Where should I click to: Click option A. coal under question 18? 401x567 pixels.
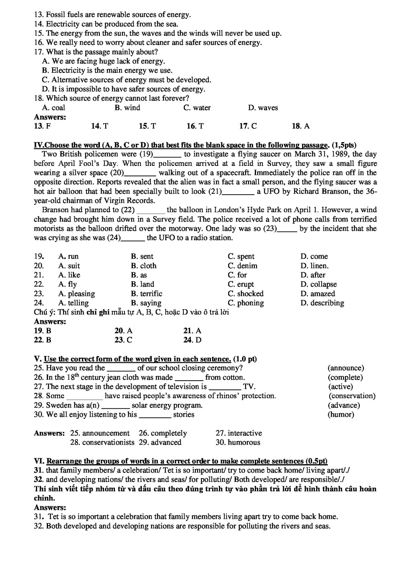click(x=53, y=108)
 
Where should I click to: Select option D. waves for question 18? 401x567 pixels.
click(x=263, y=108)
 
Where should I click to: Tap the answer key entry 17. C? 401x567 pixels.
click(x=248, y=126)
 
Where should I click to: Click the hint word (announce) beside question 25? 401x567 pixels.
click(x=345, y=368)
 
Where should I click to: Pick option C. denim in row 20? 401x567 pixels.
click(x=242, y=266)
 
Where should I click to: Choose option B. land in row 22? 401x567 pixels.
click(x=142, y=285)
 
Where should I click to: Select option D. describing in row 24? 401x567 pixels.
click(x=322, y=303)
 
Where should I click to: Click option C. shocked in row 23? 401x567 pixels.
click(x=246, y=294)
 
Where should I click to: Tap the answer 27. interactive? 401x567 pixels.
click(x=239, y=433)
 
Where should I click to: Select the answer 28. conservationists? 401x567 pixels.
click(x=102, y=442)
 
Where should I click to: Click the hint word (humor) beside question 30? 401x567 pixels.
click(x=341, y=414)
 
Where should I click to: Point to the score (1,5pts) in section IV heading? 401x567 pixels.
click(x=344, y=145)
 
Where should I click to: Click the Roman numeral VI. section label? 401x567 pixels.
click(x=39, y=461)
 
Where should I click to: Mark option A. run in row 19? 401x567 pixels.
click(x=69, y=257)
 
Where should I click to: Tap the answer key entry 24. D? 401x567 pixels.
click(x=192, y=340)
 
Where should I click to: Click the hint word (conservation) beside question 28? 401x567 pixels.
click(x=352, y=396)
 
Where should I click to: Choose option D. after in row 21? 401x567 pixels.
click(x=313, y=275)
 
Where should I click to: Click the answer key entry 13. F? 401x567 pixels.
click(x=42, y=126)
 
